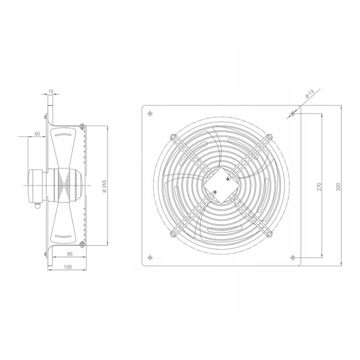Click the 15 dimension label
coord(51,91)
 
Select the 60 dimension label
coord(37,133)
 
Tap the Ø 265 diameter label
coord(104,186)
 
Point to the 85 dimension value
coord(70,254)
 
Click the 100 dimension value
coord(68,266)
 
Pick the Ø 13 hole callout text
coord(310,94)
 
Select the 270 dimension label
coord(319,187)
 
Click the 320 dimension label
coord(338,187)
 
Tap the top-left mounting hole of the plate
coord(150,114)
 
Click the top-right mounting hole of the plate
coord(292,114)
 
